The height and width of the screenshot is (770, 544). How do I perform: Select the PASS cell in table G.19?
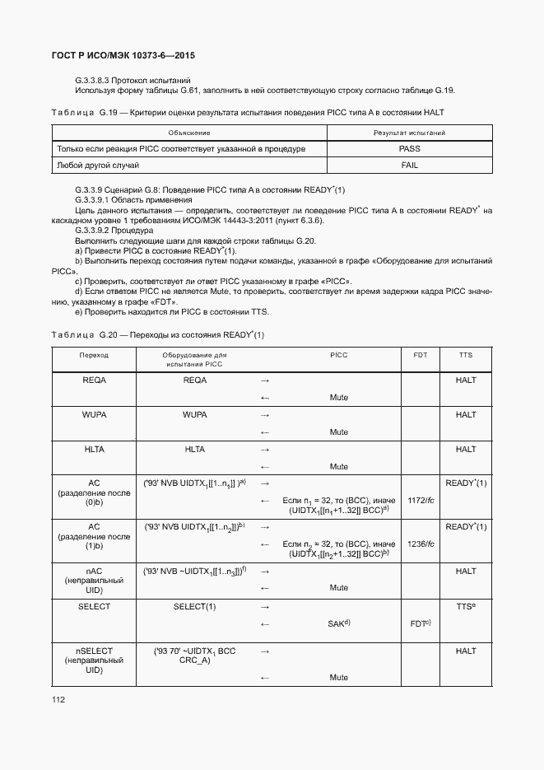click(409, 149)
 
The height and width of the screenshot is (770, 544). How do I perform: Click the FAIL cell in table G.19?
click(409, 166)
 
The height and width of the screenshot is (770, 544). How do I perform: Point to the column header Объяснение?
click(189, 133)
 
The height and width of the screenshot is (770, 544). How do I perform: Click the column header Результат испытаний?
click(409, 133)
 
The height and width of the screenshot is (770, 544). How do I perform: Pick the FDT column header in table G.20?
click(420, 355)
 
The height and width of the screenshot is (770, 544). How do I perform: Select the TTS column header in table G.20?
click(466, 355)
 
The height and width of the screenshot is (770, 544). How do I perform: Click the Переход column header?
click(94, 355)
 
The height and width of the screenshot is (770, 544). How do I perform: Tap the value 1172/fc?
click(420, 500)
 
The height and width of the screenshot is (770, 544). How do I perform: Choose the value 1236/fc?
click(420, 544)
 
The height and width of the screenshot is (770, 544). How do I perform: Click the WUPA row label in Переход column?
click(94, 415)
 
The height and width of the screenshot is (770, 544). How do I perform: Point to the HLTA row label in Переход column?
click(94, 450)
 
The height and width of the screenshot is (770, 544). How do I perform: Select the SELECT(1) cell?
click(194, 606)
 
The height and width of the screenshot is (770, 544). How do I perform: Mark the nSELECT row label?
click(94, 660)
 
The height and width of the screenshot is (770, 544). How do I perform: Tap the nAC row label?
click(94, 580)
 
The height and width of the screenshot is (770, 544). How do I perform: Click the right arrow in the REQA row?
click(265, 380)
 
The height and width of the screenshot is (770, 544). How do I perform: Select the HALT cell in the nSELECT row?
click(466, 651)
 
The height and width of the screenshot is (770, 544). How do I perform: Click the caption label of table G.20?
click(156, 335)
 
